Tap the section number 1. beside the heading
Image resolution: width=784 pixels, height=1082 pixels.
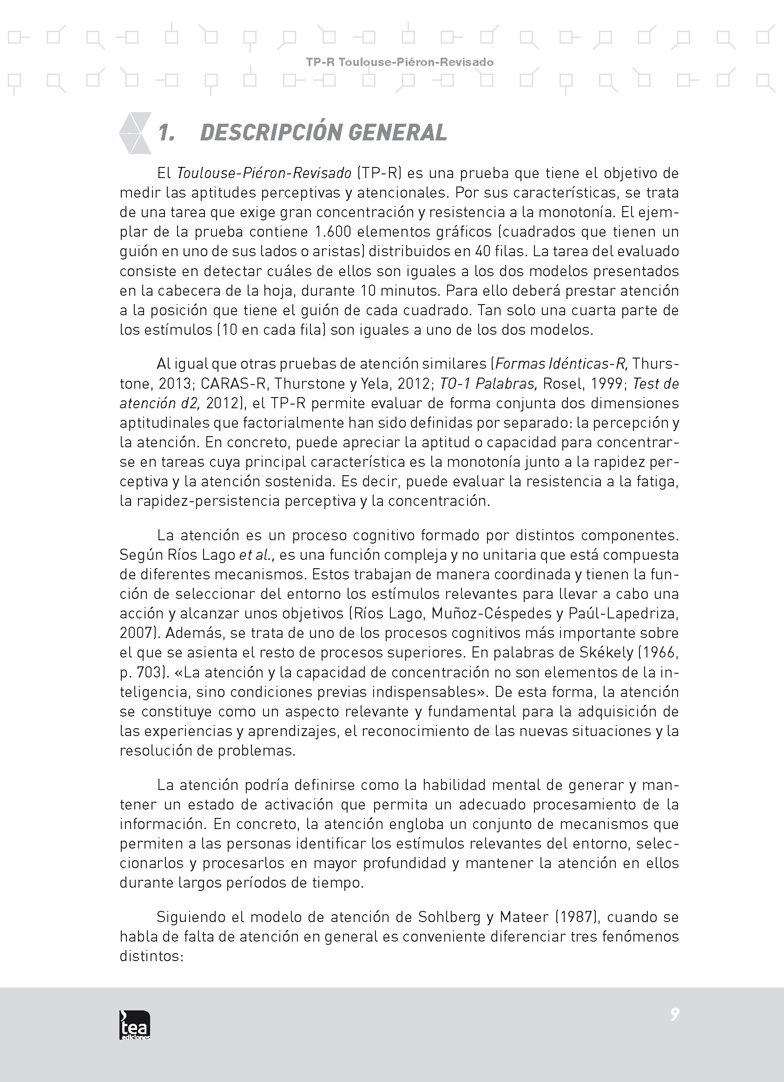point(166,133)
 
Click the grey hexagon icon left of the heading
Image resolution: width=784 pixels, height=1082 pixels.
point(135,133)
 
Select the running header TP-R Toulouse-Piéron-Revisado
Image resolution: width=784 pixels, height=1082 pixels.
point(400,62)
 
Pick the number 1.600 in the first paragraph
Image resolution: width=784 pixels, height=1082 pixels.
point(333,232)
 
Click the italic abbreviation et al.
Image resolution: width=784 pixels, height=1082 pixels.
point(257,555)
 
